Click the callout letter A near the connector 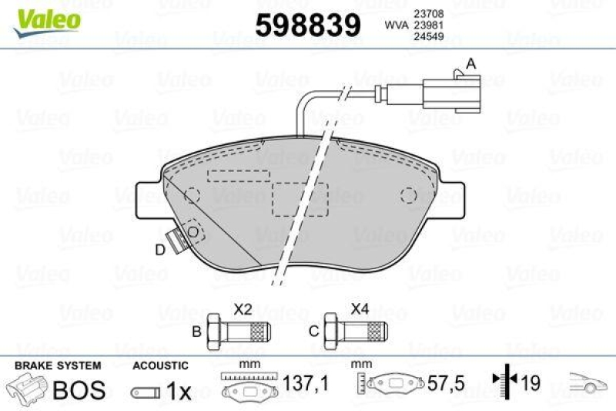point(471,63)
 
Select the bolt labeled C point(354,332)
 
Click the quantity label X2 point(243,309)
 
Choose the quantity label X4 point(360,309)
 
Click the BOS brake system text point(79,389)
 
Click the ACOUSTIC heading point(159,366)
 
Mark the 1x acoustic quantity point(179,392)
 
